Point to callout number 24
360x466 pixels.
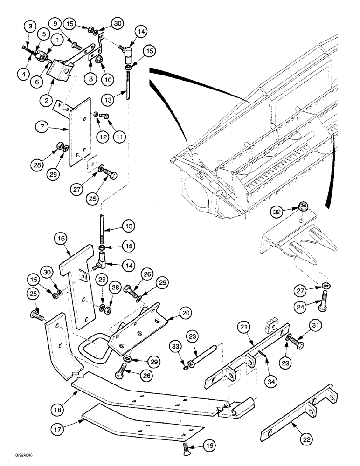(x=299, y=307)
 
